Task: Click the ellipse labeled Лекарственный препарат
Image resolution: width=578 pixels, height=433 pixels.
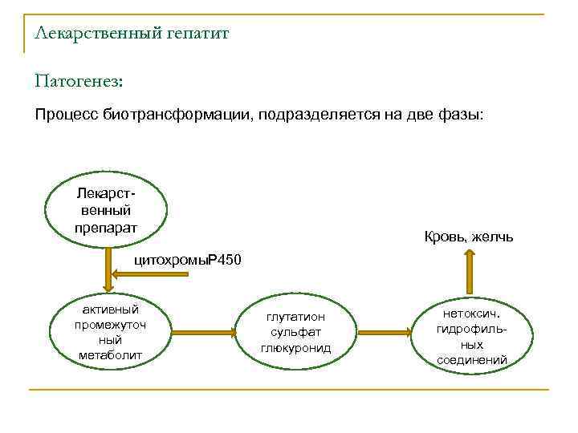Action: pos(106,210)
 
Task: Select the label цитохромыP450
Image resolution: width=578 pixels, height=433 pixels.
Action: pos(186,260)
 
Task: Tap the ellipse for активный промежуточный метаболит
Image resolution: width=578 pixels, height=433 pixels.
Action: pos(110,331)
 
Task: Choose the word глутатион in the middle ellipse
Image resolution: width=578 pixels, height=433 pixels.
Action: pos(296,317)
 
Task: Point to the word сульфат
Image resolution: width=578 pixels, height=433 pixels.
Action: pos(296,332)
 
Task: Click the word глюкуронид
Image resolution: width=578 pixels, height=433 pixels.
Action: pos(296,347)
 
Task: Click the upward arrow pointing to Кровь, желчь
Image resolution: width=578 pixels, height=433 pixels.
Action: pos(470,272)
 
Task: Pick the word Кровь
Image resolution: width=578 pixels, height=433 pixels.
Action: pos(444,237)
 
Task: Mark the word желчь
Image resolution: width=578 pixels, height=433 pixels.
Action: pos(494,237)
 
